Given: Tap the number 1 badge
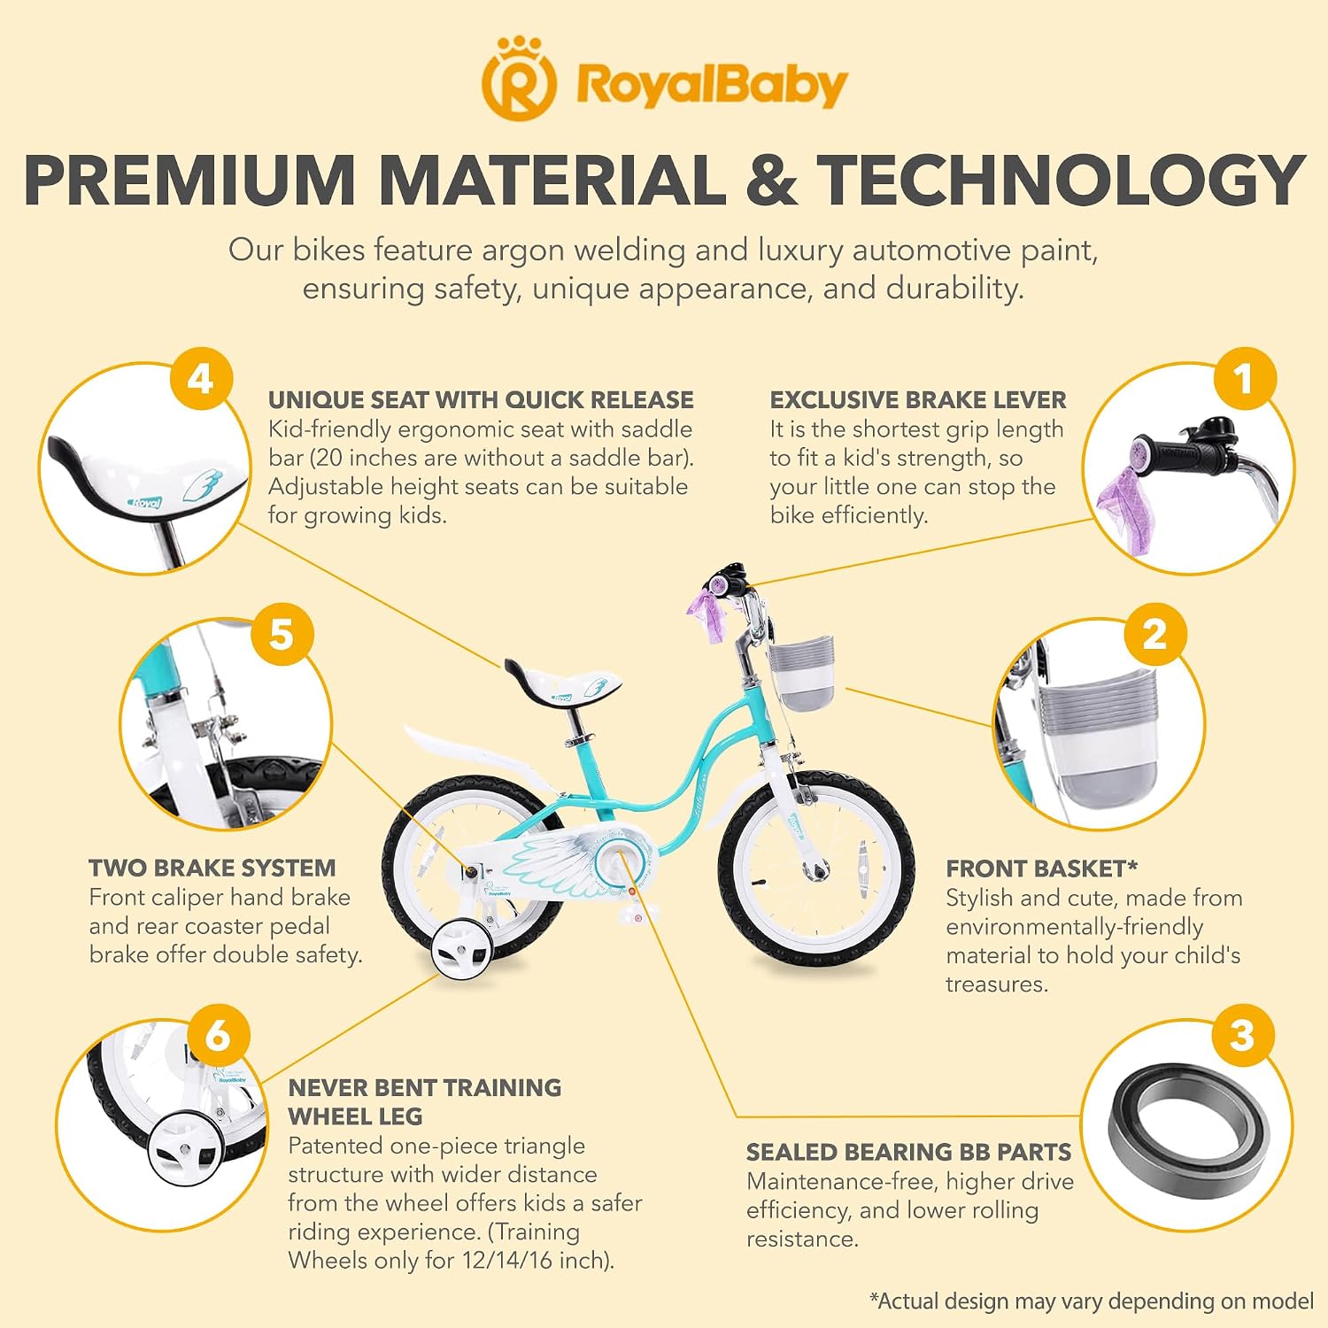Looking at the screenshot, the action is click(x=1244, y=379).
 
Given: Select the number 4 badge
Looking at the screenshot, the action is click(x=201, y=379).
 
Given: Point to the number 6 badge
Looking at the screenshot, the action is click(x=218, y=1035).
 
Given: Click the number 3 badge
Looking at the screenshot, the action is click(x=1242, y=1035).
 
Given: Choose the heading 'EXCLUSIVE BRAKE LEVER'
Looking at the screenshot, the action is click(x=918, y=400).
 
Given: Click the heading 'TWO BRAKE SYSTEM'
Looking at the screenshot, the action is click(x=212, y=868).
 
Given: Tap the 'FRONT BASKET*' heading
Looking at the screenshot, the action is click(x=1042, y=869).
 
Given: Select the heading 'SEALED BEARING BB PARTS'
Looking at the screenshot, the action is click(x=908, y=1152).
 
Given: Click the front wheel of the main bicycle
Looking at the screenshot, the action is click(x=815, y=867).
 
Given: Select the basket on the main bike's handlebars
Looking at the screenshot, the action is click(x=801, y=676).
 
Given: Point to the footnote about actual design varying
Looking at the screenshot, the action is click(x=1092, y=1301).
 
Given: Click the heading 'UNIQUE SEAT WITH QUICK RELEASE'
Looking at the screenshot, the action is click(x=481, y=400).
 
